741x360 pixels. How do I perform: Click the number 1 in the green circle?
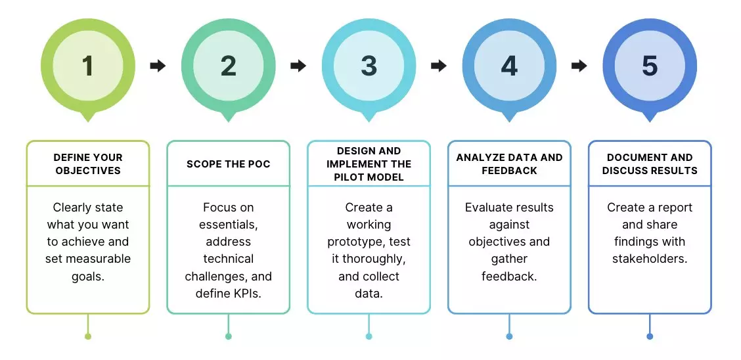(88, 66)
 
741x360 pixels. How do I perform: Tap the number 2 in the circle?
(229, 66)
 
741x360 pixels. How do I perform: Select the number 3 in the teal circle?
(369, 66)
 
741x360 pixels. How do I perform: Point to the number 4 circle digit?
(509, 66)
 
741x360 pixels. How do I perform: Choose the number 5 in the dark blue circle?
(650, 66)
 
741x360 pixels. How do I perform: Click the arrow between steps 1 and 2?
(158, 66)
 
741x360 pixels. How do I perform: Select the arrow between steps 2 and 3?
(298, 66)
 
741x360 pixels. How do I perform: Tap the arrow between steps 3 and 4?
(439, 66)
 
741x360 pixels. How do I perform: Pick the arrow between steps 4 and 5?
(579, 66)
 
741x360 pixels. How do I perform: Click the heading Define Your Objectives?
(88, 164)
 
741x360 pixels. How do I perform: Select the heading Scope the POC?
(229, 164)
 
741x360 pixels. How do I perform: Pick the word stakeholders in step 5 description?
(650, 259)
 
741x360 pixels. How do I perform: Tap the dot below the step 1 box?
(88, 336)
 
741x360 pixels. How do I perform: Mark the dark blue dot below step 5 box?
(650, 336)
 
